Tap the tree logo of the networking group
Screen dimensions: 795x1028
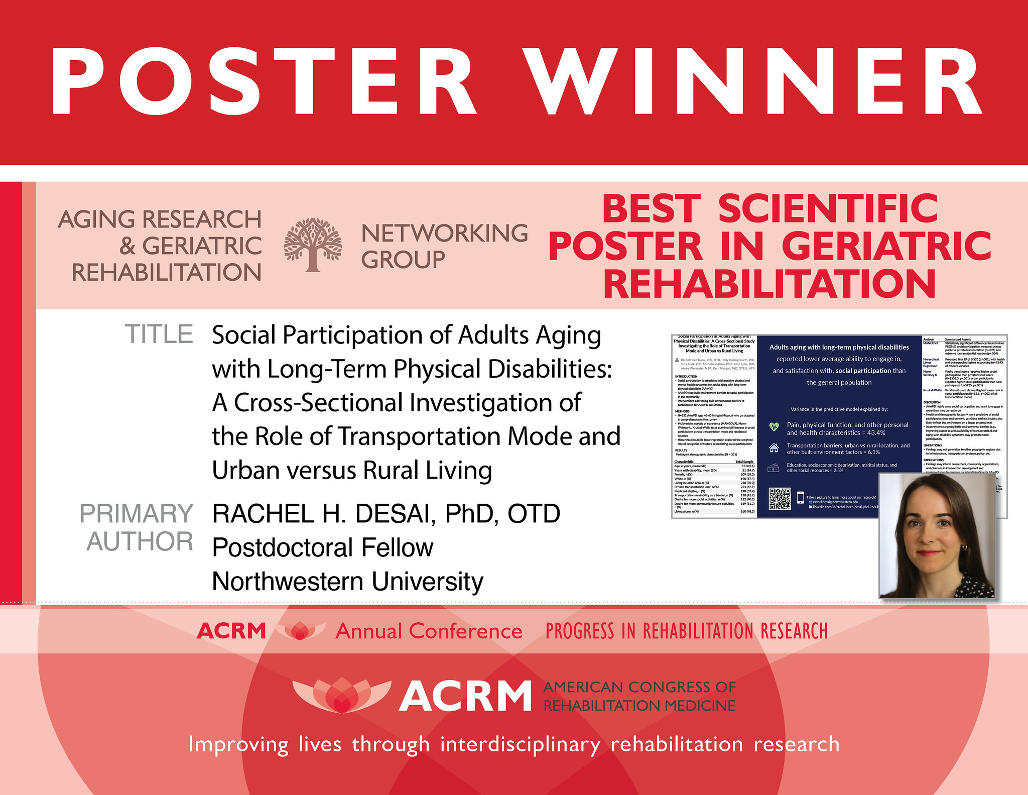(x=313, y=245)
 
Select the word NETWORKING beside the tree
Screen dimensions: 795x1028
(x=444, y=234)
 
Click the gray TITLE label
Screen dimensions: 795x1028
(x=159, y=334)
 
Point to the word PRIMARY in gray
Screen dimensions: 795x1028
(x=137, y=514)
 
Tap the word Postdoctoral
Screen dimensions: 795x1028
(x=281, y=547)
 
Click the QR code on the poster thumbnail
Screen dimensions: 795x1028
(x=780, y=499)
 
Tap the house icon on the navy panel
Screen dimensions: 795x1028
(x=774, y=448)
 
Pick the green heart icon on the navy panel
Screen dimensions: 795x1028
(x=774, y=427)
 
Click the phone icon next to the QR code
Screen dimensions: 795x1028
(x=800, y=498)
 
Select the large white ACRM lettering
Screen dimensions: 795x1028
(x=465, y=697)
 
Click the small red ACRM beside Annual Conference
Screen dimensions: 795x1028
(x=231, y=631)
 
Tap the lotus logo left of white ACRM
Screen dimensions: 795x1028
(x=341, y=696)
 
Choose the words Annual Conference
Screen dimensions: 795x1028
(x=429, y=631)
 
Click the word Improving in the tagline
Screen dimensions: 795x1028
(x=238, y=744)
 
